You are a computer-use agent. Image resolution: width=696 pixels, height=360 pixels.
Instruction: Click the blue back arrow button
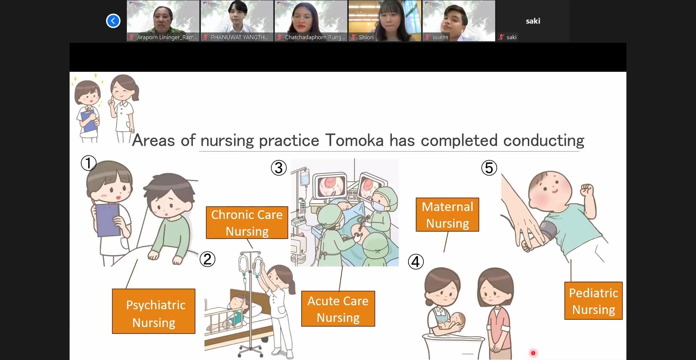pos(113,21)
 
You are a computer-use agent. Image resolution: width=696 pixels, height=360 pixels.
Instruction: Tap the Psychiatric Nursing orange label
pos(154,311)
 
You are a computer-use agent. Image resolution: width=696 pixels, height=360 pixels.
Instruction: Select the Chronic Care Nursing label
pos(247,223)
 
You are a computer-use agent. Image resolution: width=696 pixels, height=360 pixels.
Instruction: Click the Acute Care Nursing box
pos(338,309)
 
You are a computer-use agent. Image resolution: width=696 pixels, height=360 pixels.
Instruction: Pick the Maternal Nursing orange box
pos(447,215)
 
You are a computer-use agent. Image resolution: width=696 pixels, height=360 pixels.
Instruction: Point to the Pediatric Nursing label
pos(593,301)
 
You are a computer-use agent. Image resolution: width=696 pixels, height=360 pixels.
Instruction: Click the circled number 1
pos(88,163)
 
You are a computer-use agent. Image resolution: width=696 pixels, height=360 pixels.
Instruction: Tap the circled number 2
pos(207,259)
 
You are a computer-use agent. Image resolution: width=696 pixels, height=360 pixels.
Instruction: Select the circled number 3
pos(279,168)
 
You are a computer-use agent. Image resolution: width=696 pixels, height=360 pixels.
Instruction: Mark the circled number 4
pos(416,262)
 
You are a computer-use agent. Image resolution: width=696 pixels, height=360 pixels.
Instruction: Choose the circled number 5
pos(489,168)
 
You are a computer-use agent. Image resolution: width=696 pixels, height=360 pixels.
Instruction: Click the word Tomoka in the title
pos(354,140)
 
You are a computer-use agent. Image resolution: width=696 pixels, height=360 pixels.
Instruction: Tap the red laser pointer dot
pos(533,353)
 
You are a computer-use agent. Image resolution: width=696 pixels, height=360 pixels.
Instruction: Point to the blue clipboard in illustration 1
pos(108,220)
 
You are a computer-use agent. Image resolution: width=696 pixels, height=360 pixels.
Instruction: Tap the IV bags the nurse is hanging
pos(250,265)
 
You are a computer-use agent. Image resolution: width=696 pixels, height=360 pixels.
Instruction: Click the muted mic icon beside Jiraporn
pos(132,37)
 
